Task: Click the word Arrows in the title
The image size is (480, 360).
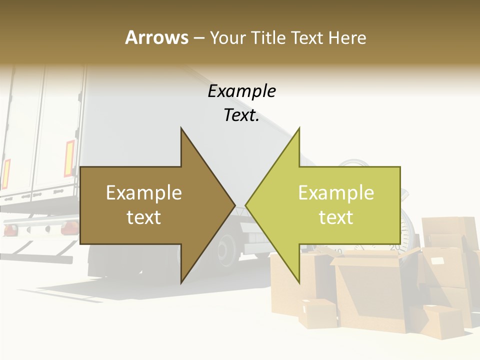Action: click(156, 37)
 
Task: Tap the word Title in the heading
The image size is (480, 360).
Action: click(268, 37)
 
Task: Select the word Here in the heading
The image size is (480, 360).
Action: click(347, 37)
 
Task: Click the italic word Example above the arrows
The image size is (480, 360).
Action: click(241, 91)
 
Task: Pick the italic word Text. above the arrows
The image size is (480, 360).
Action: click(241, 115)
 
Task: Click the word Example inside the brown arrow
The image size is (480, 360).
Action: click(144, 192)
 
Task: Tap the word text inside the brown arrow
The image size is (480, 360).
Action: click(144, 217)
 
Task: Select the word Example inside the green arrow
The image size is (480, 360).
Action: click(336, 192)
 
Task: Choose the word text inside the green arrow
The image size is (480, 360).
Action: click(336, 217)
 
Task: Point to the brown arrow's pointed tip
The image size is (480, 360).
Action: click(234, 205)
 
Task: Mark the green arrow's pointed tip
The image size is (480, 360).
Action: click(246, 205)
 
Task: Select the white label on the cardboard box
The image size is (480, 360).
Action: click(437, 261)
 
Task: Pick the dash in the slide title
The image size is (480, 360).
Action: click(198, 38)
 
